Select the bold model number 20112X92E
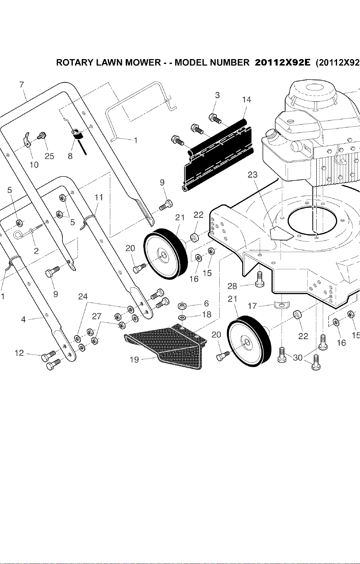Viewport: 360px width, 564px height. pos(283,62)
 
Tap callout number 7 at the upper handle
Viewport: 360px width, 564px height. pos(21,85)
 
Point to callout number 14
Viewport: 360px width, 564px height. pos(247,100)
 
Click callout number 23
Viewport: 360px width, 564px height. pos(253,174)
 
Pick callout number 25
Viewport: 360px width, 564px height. pos(49,156)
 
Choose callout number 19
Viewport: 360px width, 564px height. pos(134,360)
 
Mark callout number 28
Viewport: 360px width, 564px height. pos(232,286)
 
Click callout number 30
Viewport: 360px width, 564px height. pos(298,357)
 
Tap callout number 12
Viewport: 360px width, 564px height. pos(19,353)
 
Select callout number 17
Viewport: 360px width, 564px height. pos(252,306)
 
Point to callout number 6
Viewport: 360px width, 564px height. pos(206,303)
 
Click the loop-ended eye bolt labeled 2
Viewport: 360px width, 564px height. pos(32,231)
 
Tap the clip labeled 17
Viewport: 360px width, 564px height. pos(282,304)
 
